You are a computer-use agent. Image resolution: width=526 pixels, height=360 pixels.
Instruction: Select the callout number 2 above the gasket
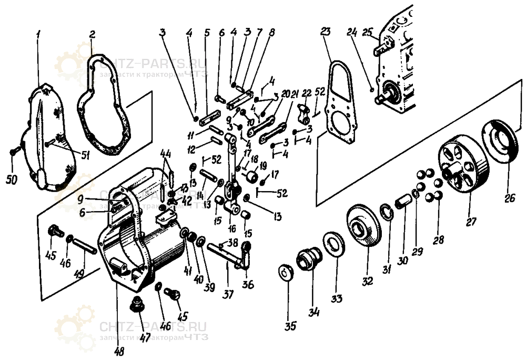tap(92, 35)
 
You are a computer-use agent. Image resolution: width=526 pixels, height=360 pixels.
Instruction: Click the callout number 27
tap(471, 222)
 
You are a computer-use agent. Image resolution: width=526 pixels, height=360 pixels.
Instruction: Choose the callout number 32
tap(367, 281)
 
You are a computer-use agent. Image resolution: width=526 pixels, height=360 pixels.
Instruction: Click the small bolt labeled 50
tap(14, 152)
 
